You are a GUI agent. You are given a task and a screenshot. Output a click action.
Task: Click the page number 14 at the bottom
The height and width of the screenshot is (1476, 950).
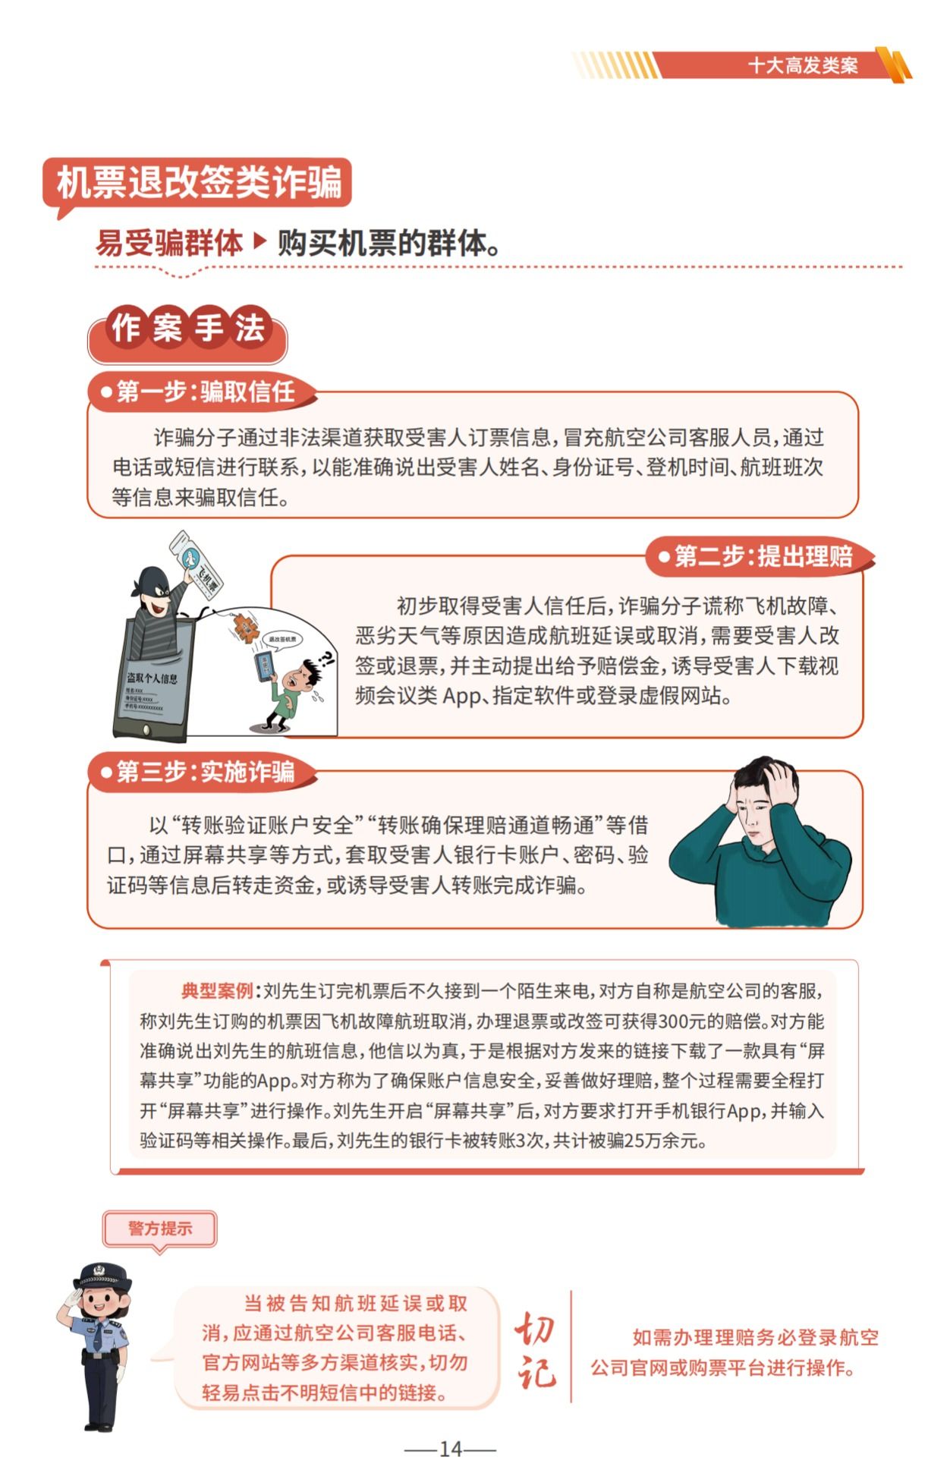pyautogui.click(x=450, y=1449)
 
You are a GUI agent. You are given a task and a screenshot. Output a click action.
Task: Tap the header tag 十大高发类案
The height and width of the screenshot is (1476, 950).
pyautogui.click(x=802, y=66)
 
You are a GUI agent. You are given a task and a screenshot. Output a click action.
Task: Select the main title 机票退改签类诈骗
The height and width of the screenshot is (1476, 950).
pyautogui.click(x=199, y=183)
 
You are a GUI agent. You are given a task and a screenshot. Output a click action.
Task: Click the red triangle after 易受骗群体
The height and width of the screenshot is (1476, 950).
pyautogui.click(x=260, y=241)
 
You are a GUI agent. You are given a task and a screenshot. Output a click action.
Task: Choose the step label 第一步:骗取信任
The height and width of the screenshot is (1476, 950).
pyautogui.click(x=204, y=392)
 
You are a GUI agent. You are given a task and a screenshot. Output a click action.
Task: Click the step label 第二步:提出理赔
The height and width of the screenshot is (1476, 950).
pyautogui.click(x=762, y=556)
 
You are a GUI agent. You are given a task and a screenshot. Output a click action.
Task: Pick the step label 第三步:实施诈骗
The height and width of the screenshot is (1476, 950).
pyautogui.click(x=204, y=772)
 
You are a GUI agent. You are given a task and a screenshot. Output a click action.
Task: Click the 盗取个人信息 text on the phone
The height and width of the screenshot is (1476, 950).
pyautogui.click(x=152, y=678)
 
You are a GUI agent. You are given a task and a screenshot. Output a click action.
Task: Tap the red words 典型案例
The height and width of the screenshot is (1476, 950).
pyautogui.click(x=217, y=990)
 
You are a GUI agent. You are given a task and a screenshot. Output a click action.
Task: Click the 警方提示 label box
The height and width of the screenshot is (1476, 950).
pyautogui.click(x=159, y=1228)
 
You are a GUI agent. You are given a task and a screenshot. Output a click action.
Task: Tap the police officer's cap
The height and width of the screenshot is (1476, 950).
pyautogui.click(x=102, y=1274)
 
